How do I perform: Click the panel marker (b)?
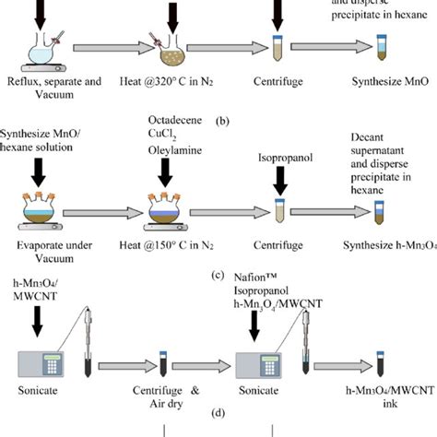[x=223, y=120]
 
